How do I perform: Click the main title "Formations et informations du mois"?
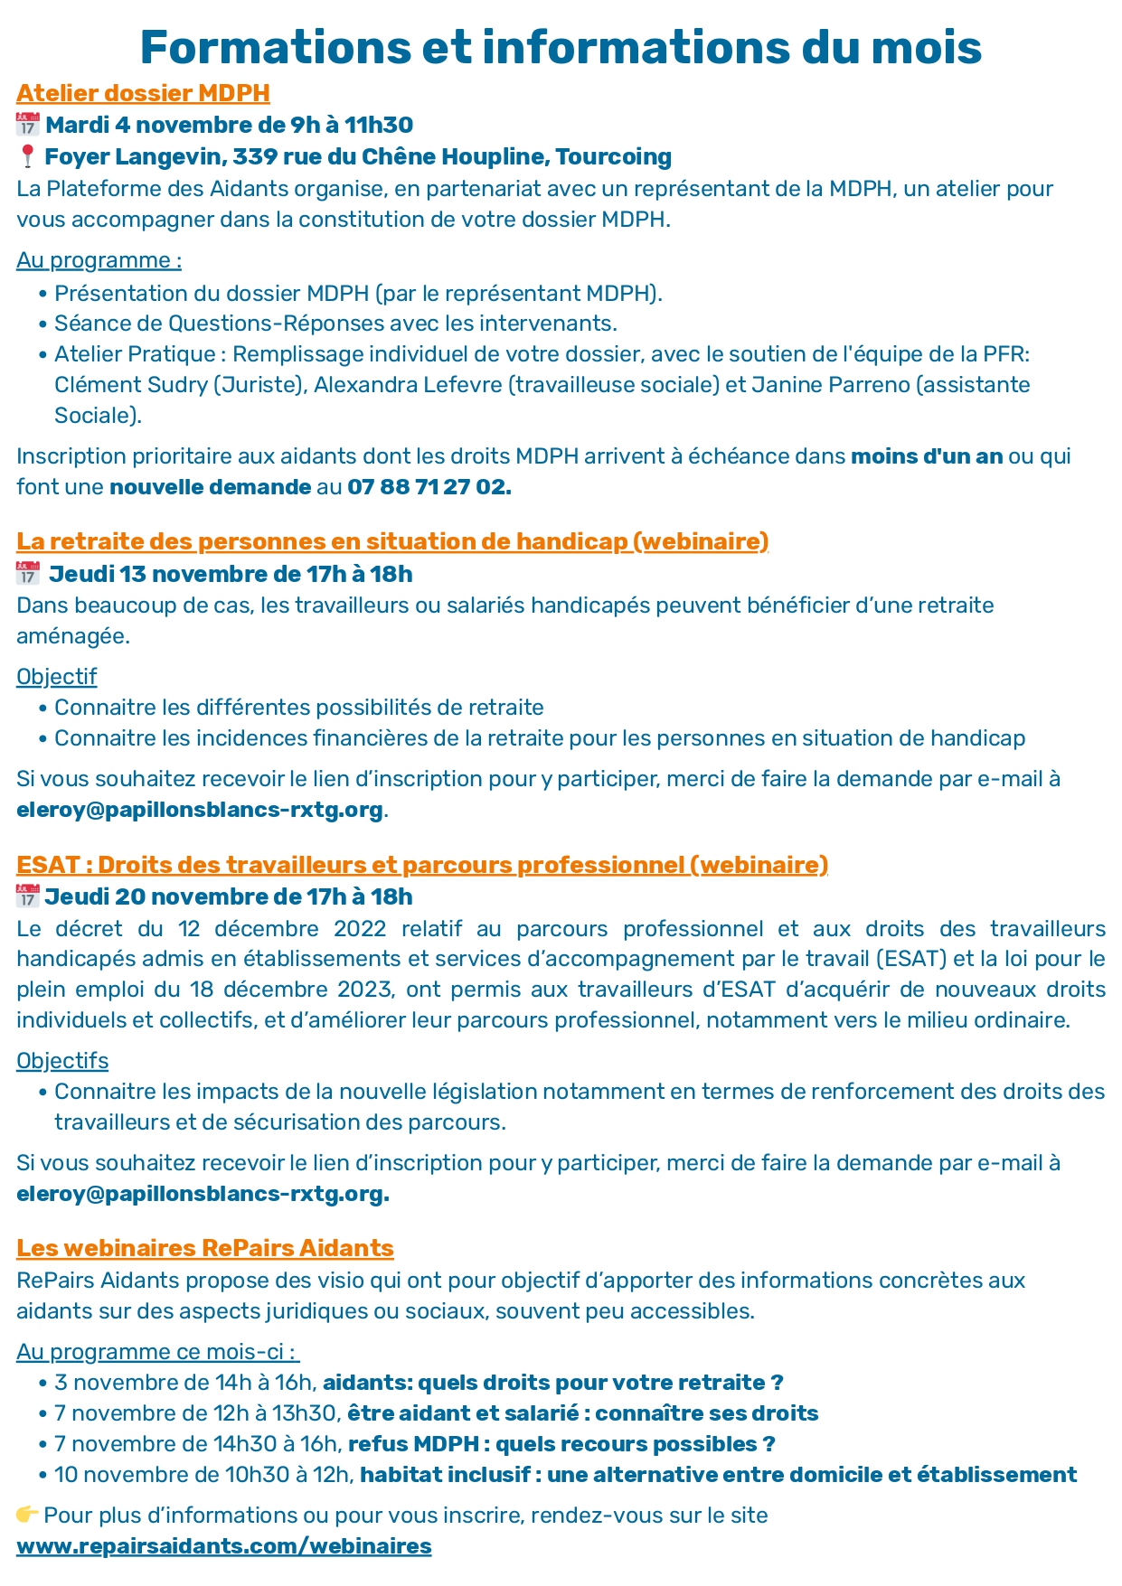coord(561,47)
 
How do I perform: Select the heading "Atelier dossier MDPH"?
coord(143,93)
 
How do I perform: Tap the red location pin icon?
coord(27,156)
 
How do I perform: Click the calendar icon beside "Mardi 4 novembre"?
coord(28,125)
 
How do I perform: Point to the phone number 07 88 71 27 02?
coord(429,487)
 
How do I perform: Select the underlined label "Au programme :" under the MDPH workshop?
coord(99,260)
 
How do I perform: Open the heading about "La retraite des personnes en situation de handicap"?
coord(392,541)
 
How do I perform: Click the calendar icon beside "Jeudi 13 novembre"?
coord(28,573)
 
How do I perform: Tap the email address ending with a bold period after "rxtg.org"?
coord(203,1194)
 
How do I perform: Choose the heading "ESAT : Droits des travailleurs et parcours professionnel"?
coord(422,865)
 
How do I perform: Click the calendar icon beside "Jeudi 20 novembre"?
coord(28,896)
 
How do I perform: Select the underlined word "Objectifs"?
coord(62,1061)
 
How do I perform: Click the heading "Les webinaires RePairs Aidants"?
coord(205,1248)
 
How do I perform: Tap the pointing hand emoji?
coord(27,1515)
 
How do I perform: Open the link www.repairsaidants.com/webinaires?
coord(223,1546)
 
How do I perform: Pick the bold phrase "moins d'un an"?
coord(927,456)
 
